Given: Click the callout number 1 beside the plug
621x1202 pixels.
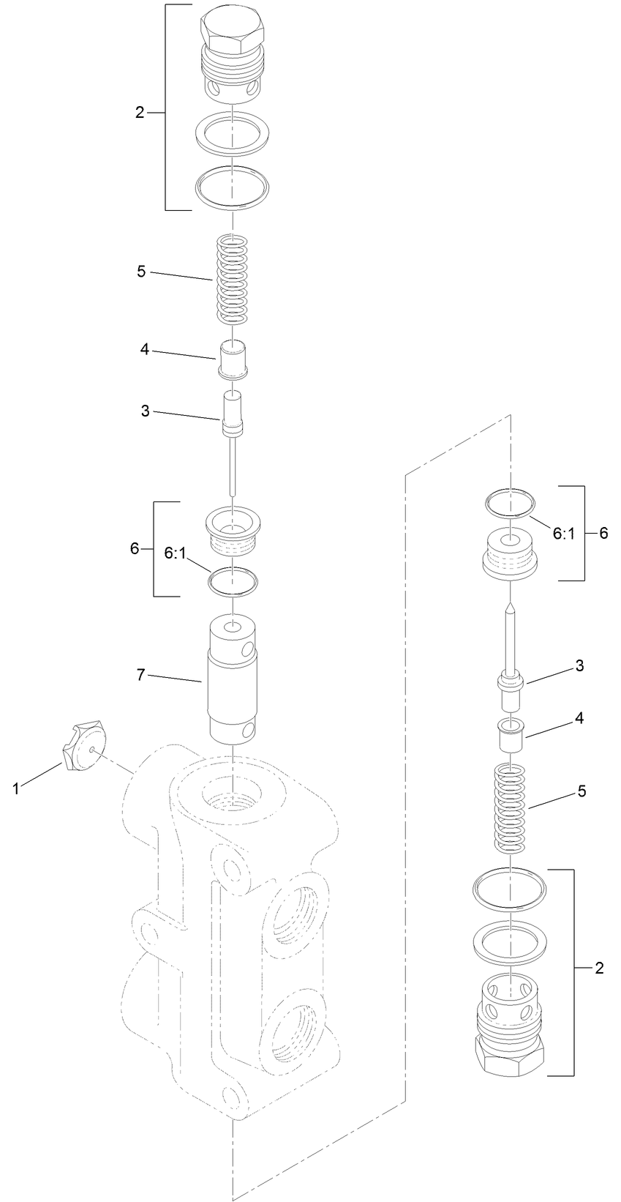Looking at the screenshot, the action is point(15,788).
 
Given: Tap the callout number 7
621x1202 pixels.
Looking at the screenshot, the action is point(141,674).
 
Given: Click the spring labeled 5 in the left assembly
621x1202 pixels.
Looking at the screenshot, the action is point(232,277).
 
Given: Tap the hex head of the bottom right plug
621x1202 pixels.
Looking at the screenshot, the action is point(510,1053).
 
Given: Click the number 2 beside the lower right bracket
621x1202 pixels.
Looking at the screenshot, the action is point(600,968).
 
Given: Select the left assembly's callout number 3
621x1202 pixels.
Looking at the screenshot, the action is point(146,411).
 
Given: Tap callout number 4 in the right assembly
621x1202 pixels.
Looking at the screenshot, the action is point(579,718).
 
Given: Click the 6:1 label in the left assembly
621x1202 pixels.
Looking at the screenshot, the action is point(176,554).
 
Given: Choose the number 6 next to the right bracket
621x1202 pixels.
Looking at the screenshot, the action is point(603,533).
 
